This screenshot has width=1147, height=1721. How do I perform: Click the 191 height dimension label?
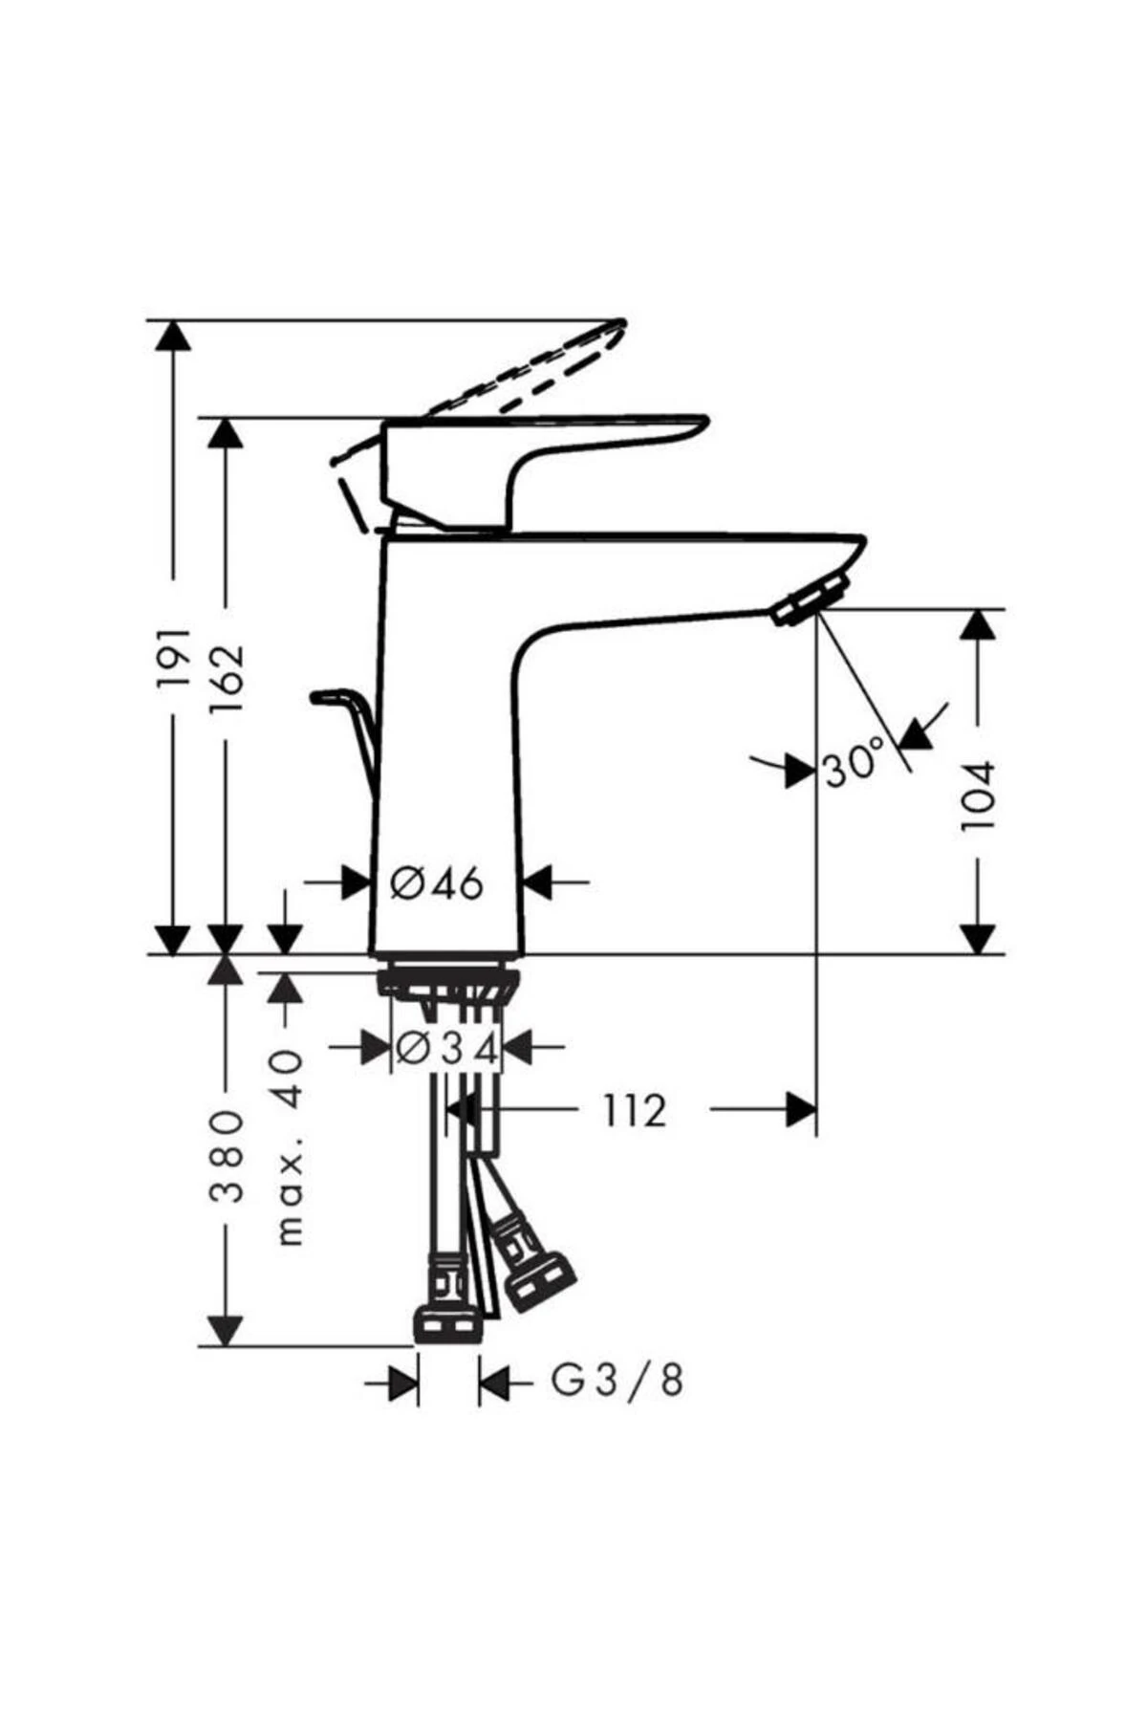point(174,661)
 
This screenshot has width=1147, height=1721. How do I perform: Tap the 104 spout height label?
point(977,795)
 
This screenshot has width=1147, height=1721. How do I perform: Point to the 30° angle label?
point(853,767)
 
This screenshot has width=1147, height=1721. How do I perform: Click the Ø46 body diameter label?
point(437,883)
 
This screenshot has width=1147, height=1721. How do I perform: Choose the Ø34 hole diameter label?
point(446,1049)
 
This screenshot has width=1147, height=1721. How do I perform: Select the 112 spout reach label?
point(634,1111)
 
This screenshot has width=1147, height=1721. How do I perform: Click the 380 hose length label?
point(227,1156)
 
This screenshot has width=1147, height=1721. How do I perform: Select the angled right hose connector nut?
point(540,1281)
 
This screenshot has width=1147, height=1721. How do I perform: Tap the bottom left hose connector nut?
point(446,1327)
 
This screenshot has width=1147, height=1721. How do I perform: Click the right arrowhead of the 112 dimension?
point(801,1111)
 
